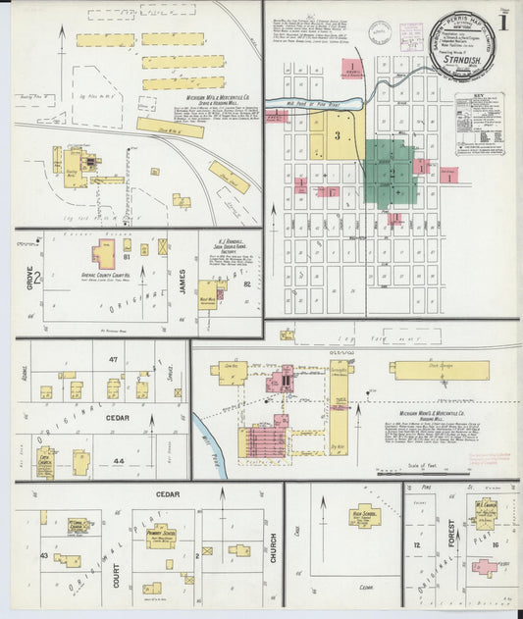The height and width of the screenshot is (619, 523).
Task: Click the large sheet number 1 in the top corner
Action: (502, 23)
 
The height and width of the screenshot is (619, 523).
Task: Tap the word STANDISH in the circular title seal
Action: (459, 57)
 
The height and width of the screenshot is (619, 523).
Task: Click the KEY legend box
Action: (480, 123)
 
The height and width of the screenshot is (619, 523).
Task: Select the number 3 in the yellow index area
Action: (337, 134)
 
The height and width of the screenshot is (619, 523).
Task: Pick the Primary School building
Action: (162, 536)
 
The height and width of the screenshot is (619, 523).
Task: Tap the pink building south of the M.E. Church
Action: (484, 566)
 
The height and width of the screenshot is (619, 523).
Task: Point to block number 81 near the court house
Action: (128, 257)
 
